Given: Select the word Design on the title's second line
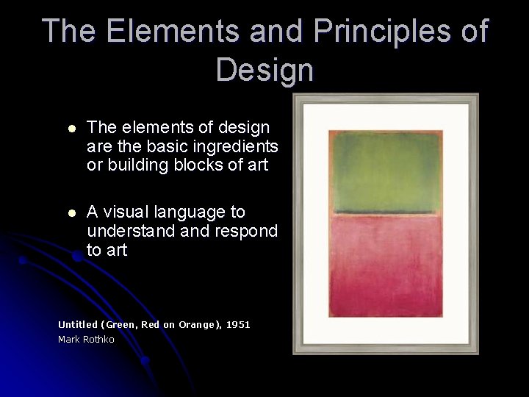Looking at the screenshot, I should coord(265,70).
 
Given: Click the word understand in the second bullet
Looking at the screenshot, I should coord(130,231).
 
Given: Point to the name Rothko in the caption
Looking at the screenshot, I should coord(98,340).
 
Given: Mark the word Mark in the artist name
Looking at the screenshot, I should coord(68,340).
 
